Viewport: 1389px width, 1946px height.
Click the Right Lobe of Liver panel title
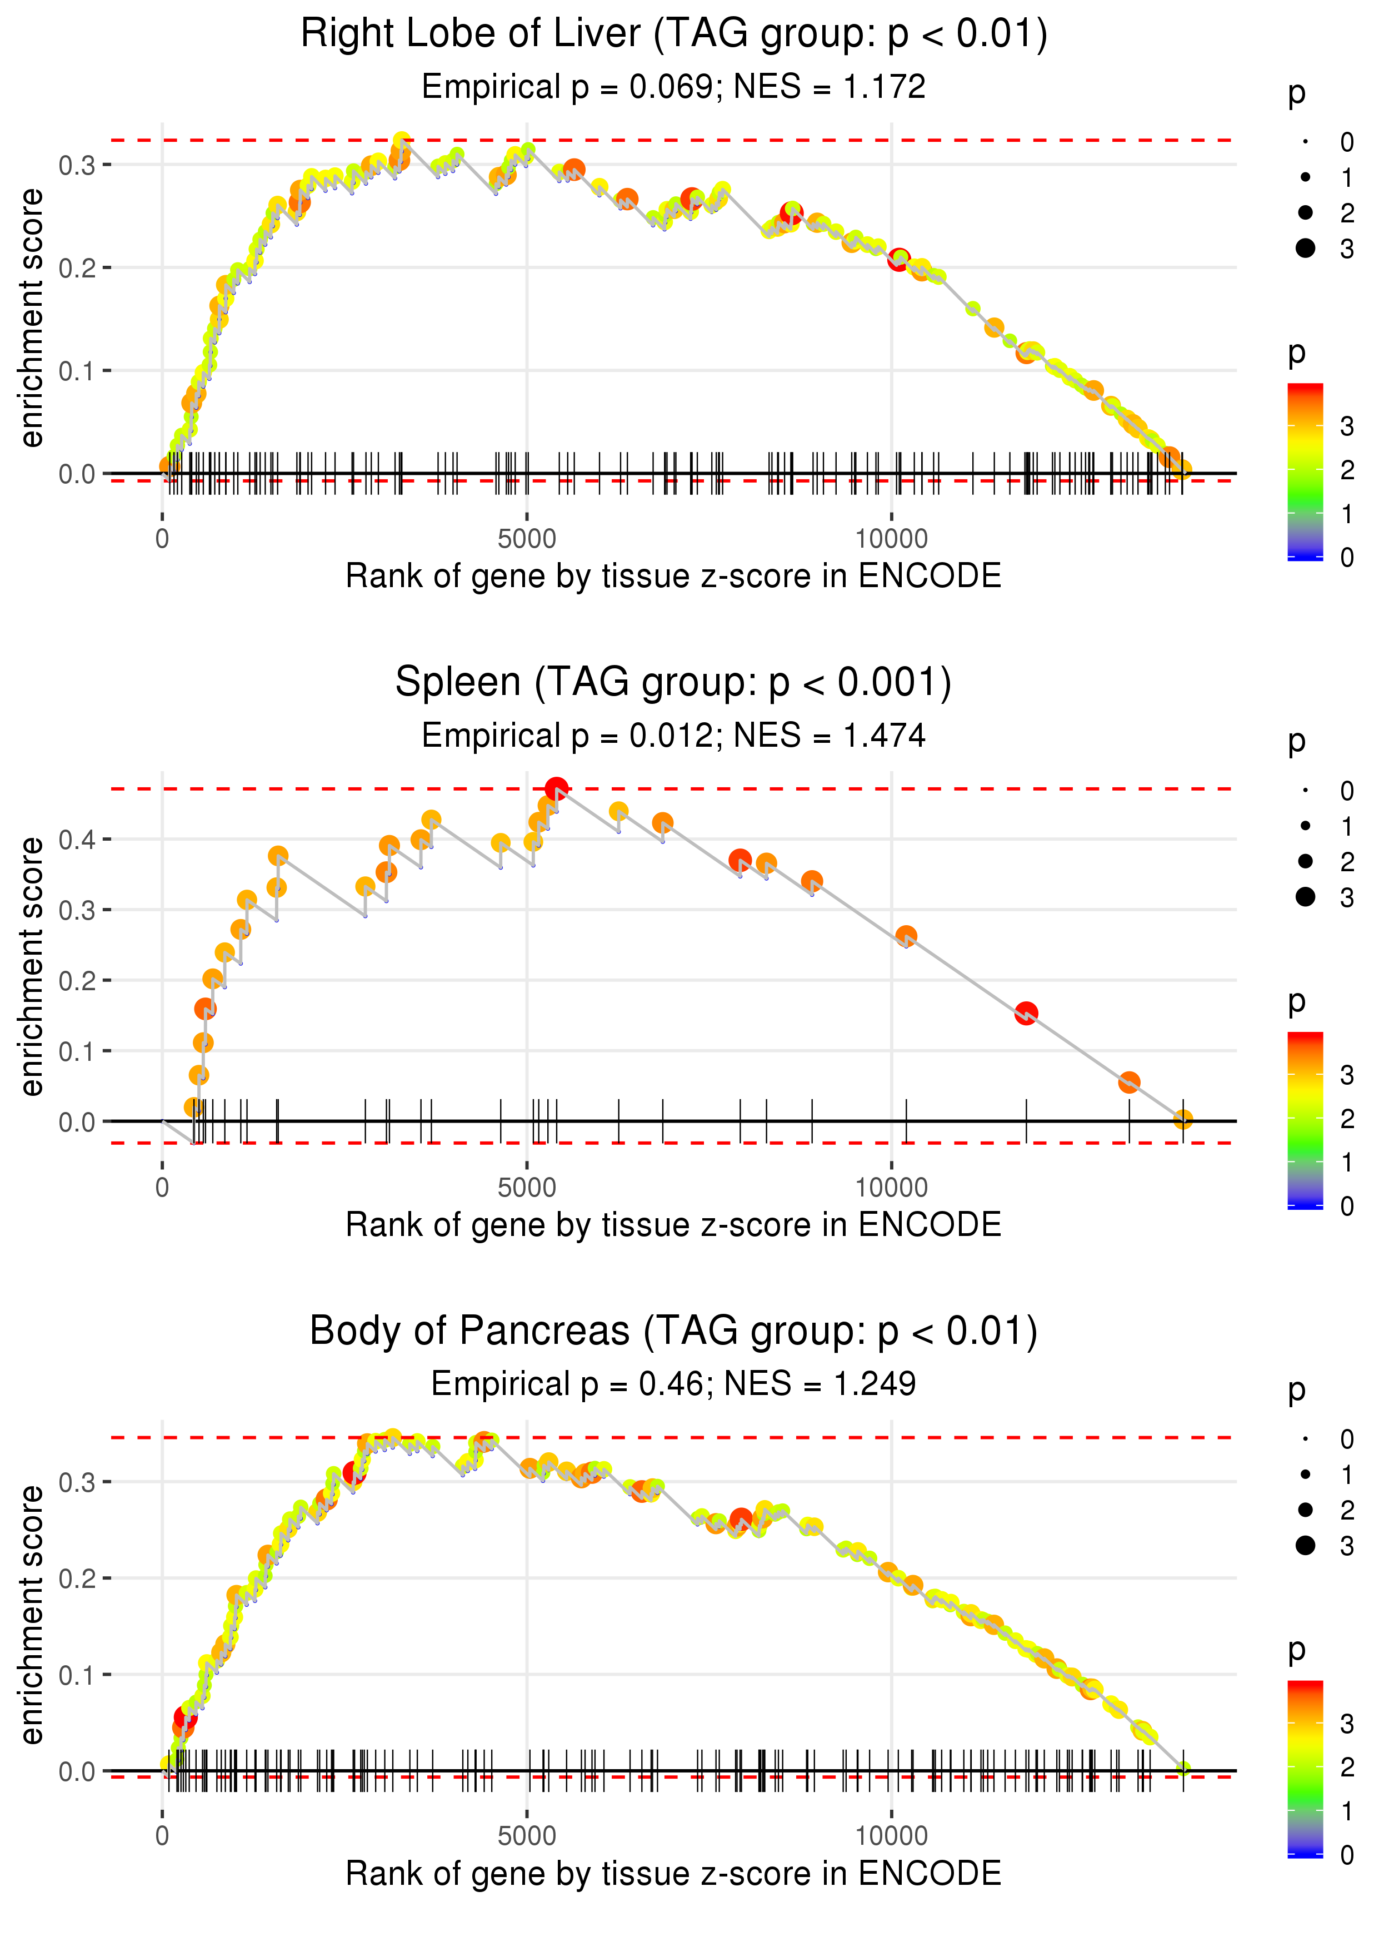point(674,34)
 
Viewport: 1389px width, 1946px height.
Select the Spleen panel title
point(673,682)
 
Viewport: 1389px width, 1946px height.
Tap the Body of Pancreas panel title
point(673,1331)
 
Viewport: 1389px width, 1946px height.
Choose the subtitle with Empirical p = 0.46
point(673,1384)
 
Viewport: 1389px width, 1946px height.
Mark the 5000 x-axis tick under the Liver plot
point(527,539)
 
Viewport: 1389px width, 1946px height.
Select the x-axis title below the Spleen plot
point(673,1225)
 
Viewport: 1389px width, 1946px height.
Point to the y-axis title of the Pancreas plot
point(32,1614)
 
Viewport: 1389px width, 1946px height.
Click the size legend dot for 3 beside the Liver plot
point(1305,248)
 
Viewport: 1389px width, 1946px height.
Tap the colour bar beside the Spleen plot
point(1305,1119)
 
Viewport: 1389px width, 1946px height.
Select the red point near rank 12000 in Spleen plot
point(1026,1013)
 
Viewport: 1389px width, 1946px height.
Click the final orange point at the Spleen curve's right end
point(1183,1119)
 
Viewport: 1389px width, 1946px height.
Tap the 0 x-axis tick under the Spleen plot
point(162,1188)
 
